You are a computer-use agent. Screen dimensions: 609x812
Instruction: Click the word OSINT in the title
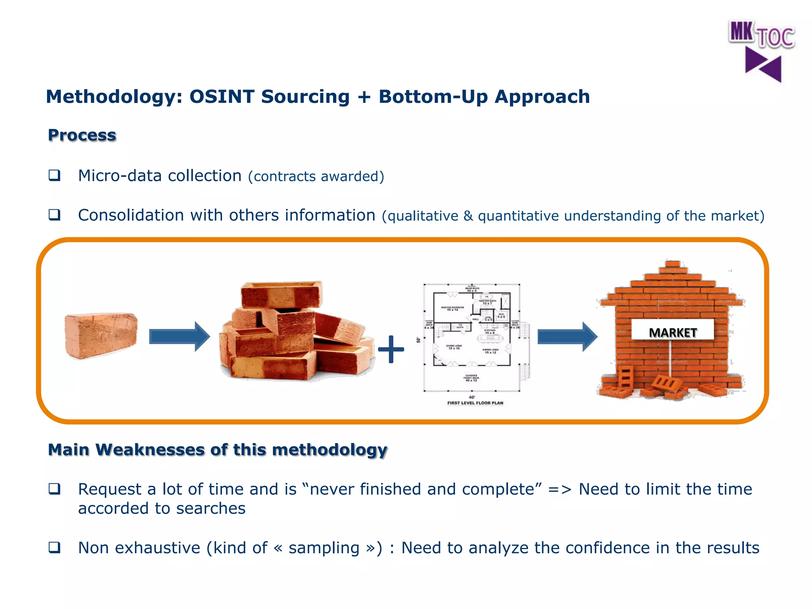[222, 97]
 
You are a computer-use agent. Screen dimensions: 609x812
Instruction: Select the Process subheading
[82, 135]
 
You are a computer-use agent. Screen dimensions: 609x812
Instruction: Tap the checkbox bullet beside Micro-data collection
[54, 175]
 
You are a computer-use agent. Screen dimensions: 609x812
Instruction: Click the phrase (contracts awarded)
[316, 176]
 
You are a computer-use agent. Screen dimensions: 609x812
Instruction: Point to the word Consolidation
[130, 215]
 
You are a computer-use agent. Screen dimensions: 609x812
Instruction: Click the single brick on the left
[101, 335]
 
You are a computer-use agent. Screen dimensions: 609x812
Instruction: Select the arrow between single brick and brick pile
[179, 337]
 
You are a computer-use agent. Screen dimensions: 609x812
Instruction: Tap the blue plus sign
[391, 349]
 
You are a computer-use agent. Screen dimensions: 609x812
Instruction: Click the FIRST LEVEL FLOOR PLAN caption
[475, 403]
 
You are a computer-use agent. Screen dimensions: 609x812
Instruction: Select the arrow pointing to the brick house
[567, 337]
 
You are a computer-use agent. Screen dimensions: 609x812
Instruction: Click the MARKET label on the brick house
[672, 332]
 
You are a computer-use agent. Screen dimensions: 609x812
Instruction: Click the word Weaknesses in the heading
[150, 450]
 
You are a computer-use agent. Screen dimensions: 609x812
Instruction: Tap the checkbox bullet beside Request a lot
[54, 489]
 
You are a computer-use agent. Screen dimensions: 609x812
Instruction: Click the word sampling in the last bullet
[324, 548]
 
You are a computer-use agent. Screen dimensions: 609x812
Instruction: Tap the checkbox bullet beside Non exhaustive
[54, 548]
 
